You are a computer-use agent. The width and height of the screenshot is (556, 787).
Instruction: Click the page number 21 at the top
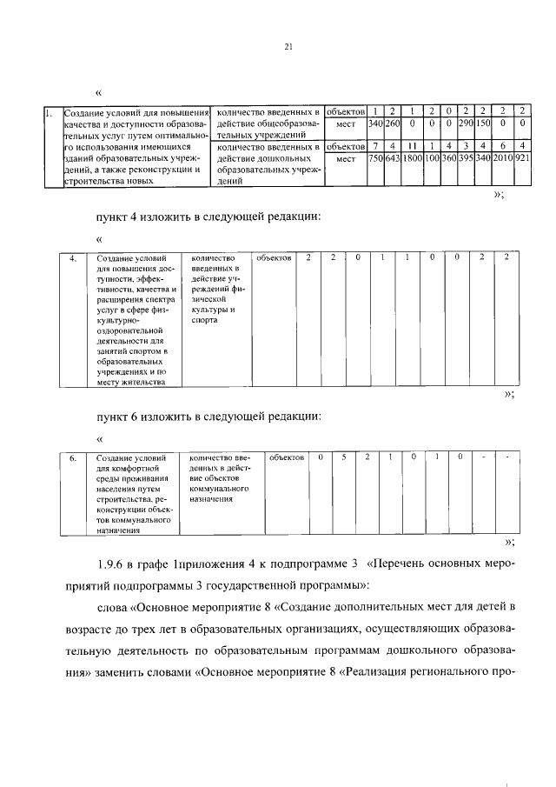coord(287,48)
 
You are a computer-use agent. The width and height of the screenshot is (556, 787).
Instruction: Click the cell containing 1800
coord(412,159)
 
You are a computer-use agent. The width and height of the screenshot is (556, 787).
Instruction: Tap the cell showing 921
coord(522,159)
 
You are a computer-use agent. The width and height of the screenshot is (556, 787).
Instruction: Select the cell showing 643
coord(393,159)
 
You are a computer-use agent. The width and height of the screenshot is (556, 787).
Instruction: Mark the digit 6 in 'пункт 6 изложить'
coord(134,417)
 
